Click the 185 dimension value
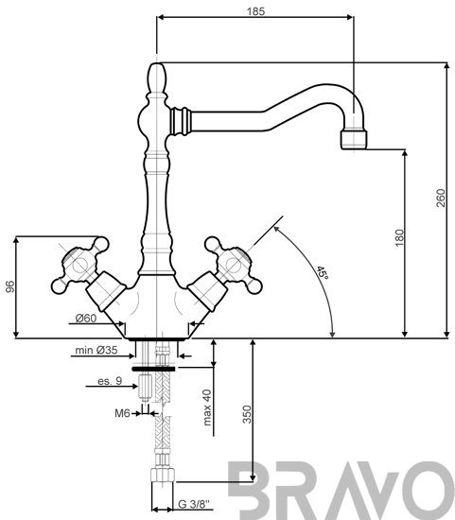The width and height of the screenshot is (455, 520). pos(255,11)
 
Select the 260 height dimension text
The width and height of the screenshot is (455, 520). pos(441,198)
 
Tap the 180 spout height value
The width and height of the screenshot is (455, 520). pos(399,237)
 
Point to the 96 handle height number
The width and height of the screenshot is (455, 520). pos(10,286)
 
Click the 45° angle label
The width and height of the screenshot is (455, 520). pos(322,272)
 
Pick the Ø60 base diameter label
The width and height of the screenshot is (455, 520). pos(86,318)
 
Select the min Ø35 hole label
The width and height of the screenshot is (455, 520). pos(96,350)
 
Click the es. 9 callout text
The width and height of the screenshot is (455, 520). pos(110,381)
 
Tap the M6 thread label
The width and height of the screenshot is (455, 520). pos(122,413)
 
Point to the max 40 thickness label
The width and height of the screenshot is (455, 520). pos(207,407)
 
